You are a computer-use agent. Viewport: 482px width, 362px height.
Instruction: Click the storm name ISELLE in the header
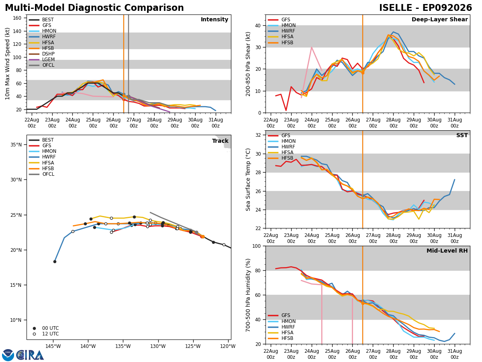[395, 8]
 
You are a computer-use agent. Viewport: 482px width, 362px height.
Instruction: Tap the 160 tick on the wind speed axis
[17, 18]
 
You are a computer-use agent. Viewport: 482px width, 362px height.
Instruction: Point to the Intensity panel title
[214, 19]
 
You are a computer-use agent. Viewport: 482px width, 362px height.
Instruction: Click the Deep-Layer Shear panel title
[439, 19]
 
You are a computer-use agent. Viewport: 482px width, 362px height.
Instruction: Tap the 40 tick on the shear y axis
[258, 25]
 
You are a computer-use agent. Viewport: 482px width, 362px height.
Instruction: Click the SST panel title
[462, 135]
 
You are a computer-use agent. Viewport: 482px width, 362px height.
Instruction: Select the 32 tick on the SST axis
[258, 135]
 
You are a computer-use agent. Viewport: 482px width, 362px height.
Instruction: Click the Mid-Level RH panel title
[447, 251]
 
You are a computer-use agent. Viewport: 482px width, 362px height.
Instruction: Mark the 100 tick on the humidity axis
[256, 246]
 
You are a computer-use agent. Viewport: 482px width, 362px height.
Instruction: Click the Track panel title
[220, 141]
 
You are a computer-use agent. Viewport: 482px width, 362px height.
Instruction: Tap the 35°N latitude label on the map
[16, 145]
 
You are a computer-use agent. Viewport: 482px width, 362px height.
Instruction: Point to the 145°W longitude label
[53, 346]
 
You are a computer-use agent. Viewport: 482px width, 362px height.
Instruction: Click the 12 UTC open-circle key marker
[34, 334]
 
